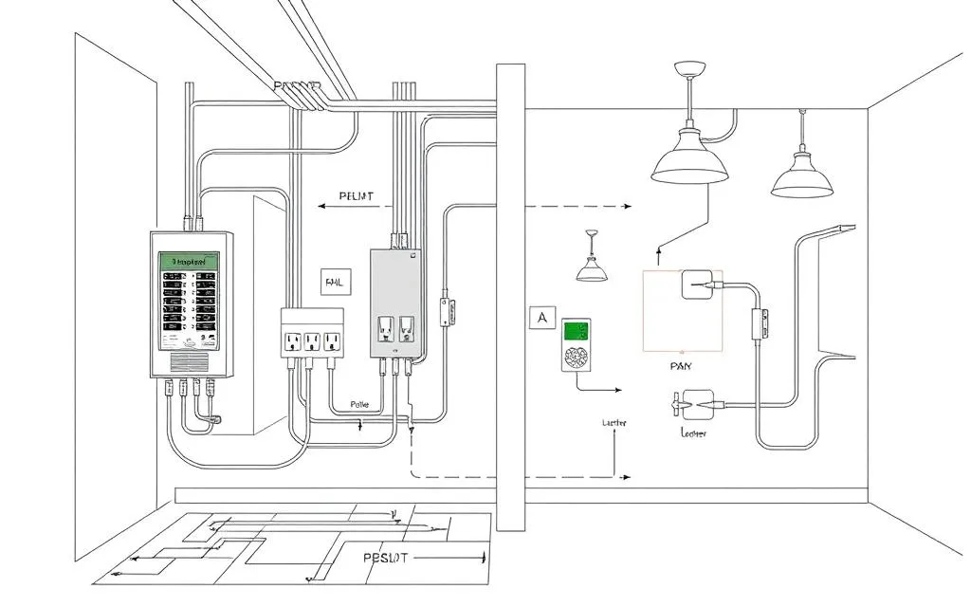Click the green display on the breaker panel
(189, 260)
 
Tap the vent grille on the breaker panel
(189, 361)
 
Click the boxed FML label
(336, 283)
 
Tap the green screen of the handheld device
(577, 331)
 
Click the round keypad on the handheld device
(577, 359)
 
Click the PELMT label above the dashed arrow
(356, 197)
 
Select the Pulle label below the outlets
(361, 404)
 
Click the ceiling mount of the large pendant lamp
(689, 68)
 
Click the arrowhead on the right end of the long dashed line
(627, 205)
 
